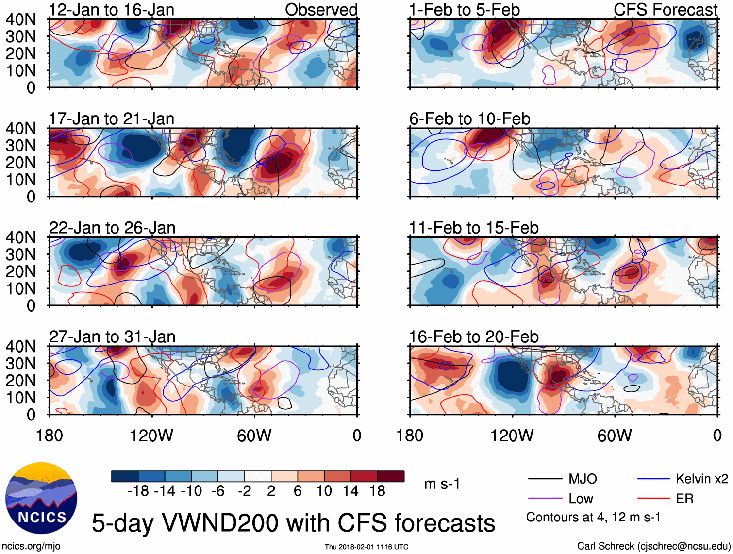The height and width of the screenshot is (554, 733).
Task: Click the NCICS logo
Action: pos(41,498)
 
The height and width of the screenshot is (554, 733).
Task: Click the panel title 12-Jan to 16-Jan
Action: pos(111,10)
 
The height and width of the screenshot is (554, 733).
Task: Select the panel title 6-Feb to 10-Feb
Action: pos(469,119)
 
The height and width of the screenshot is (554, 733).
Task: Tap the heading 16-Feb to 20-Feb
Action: pos(473,337)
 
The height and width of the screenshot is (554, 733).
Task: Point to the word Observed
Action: pos(321,10)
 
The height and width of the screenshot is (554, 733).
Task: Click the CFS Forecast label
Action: pos(665,10)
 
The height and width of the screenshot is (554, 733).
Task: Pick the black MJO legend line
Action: pos(545,479)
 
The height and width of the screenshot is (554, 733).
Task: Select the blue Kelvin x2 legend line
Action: pos(653,479)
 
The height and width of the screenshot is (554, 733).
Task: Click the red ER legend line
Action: pos(653,499)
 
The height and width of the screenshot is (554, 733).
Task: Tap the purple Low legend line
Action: pos(545,499)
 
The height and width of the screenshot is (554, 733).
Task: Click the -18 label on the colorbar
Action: pos(138,491)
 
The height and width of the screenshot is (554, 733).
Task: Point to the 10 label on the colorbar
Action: pos(324,491)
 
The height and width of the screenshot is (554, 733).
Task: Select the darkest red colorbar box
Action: pos(391,476)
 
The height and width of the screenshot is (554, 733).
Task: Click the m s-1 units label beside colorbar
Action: pos(442,484)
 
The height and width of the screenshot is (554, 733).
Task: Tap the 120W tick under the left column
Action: pos(151,436)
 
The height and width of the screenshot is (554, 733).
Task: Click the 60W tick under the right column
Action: pos(615,436)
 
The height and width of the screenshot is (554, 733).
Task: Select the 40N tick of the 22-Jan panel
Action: pos(20,237)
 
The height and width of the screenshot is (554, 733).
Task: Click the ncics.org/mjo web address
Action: pos(31,546)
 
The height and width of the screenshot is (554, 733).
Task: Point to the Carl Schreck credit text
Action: pos(653,546)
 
